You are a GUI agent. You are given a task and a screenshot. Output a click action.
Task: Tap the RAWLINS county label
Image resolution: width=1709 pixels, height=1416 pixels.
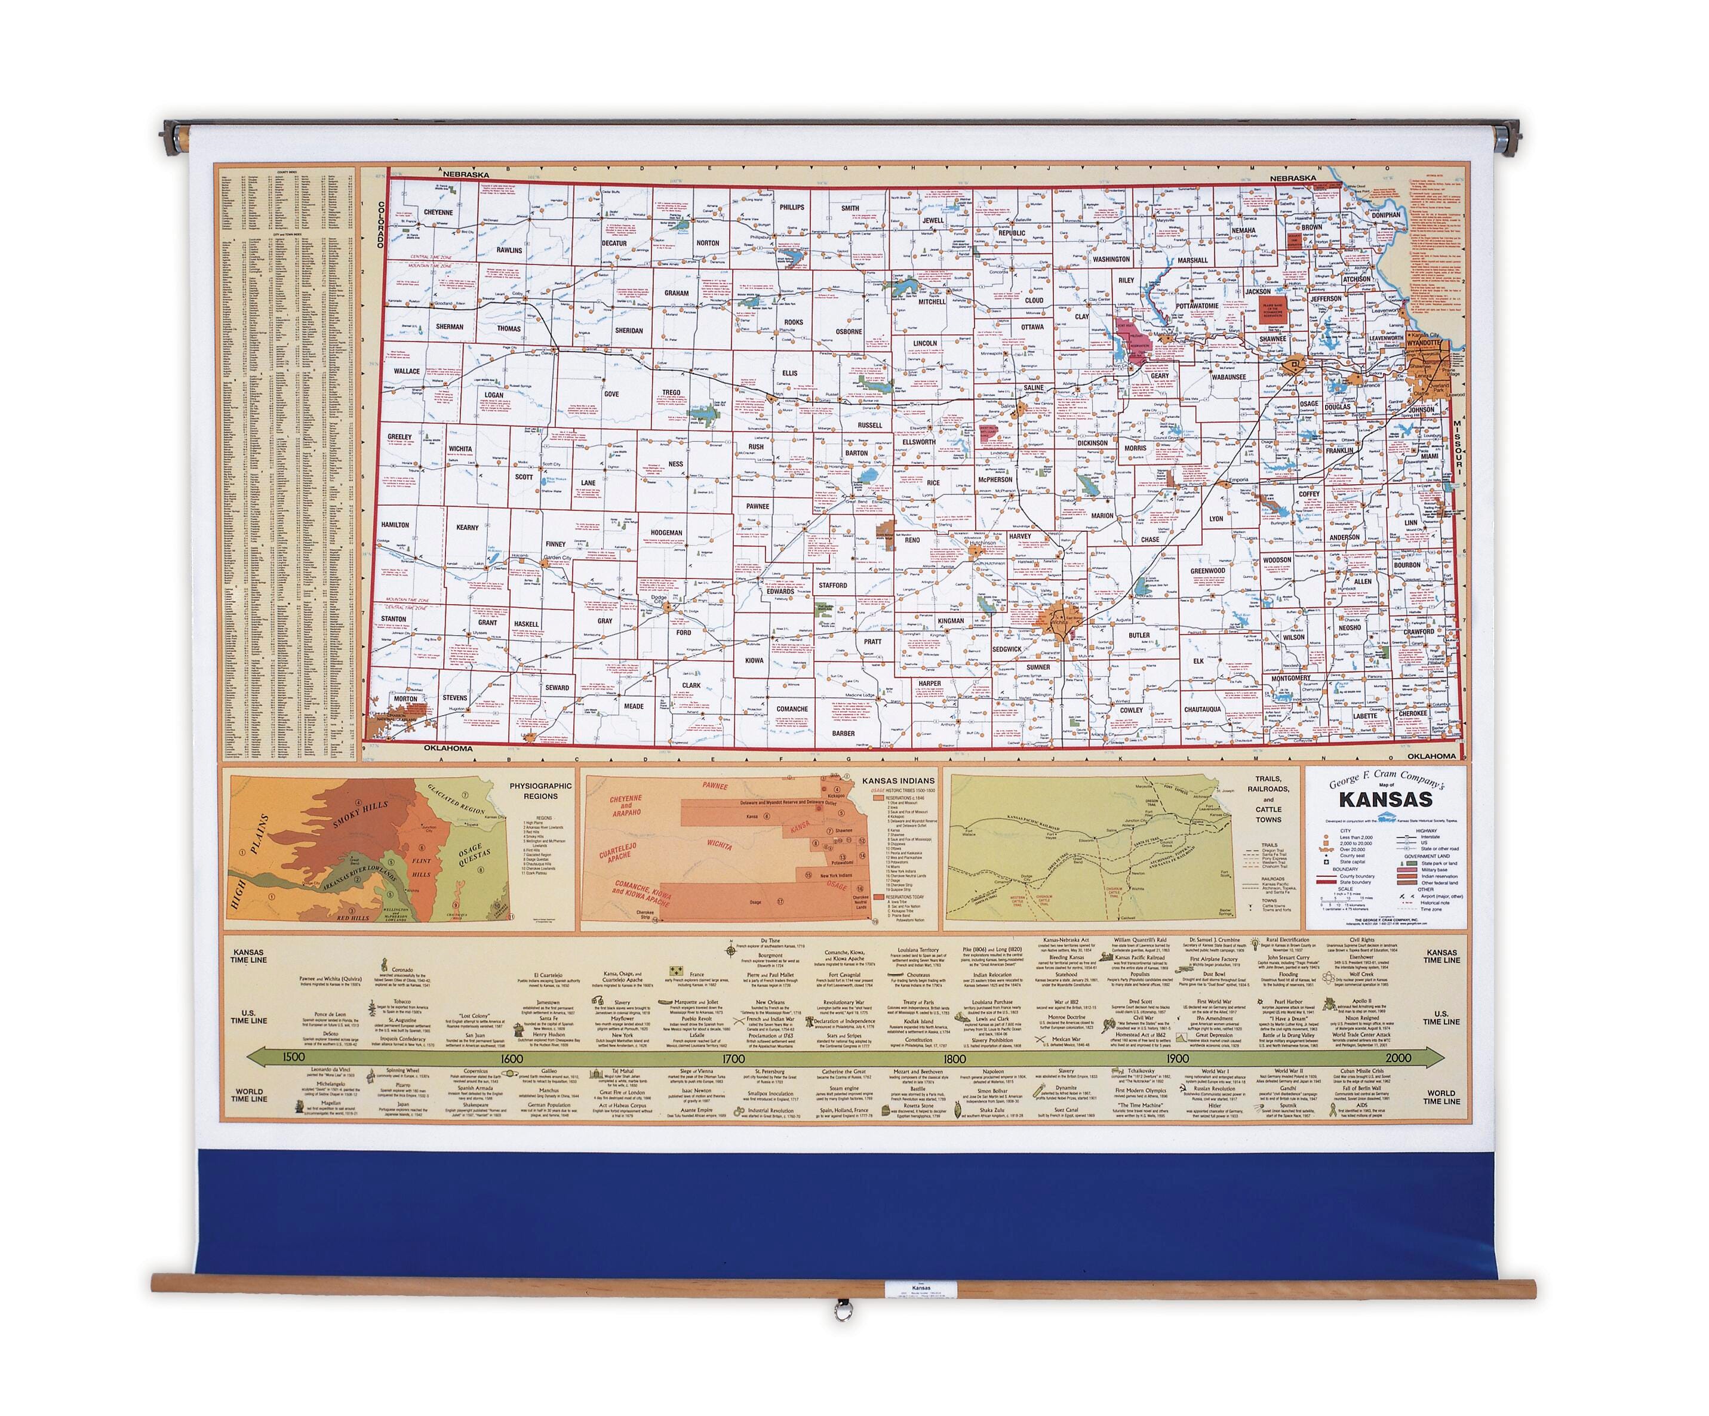[x=509, y=250]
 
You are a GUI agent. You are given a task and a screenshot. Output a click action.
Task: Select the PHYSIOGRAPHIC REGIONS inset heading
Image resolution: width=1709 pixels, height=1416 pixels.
[x=540, y=791]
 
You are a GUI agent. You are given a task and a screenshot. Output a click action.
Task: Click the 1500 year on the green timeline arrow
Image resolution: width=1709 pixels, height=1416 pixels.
[x=293, y=1057]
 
